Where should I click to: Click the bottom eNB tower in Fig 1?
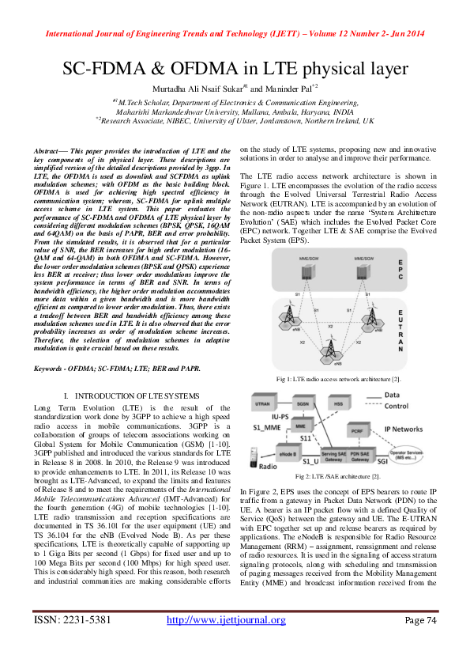point(337,354)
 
